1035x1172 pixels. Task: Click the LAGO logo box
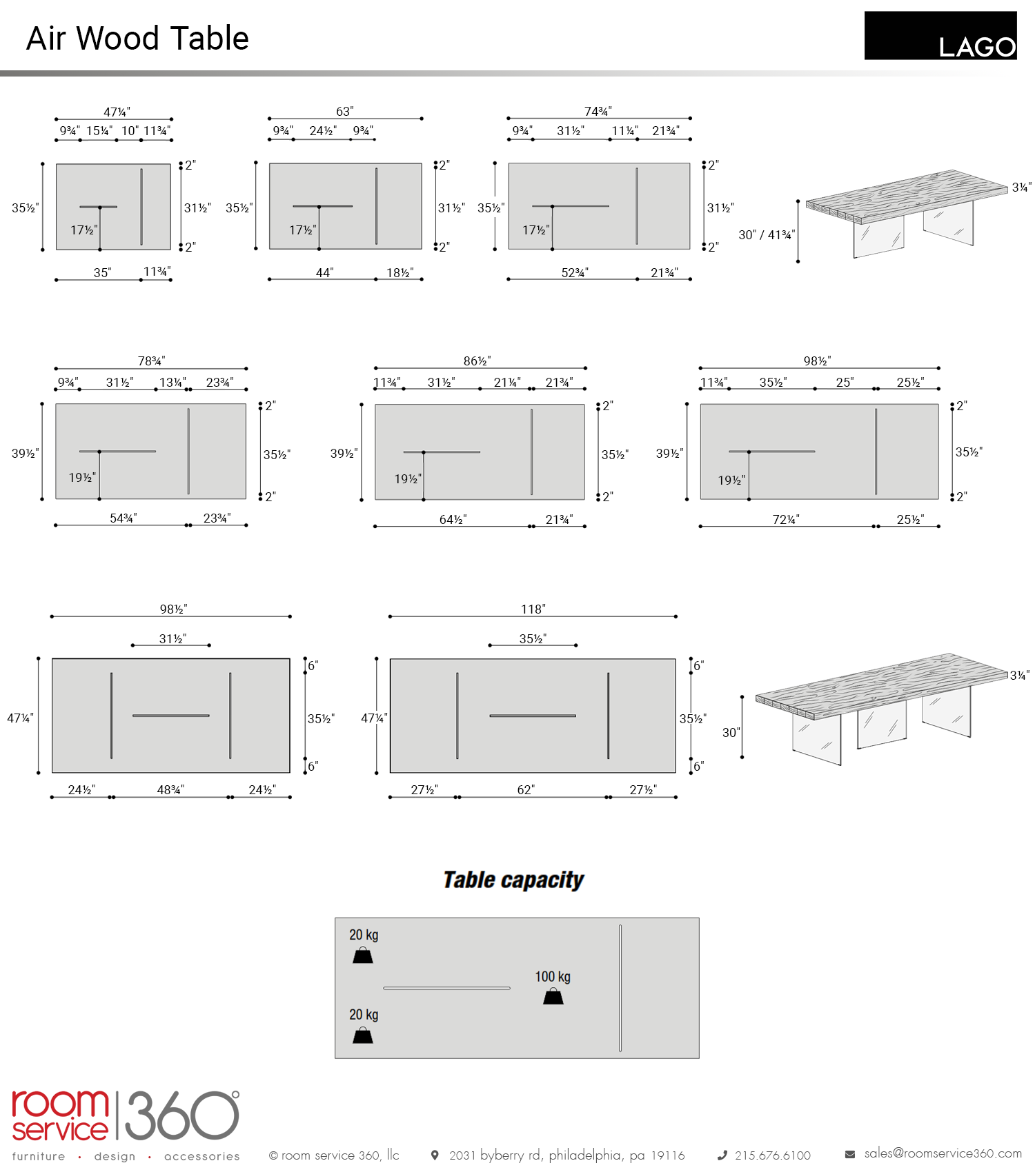940,35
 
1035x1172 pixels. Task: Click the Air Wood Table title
137,39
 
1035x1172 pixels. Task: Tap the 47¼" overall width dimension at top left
117,112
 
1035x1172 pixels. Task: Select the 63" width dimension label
345,111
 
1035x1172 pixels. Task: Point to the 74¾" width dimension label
598,111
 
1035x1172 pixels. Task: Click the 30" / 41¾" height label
767,235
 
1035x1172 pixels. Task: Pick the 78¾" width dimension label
151,361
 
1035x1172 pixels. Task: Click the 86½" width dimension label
477,361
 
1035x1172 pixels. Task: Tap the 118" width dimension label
533,609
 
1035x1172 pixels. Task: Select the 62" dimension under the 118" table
526,789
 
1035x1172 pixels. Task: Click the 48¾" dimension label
170,789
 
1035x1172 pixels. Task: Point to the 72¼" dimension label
786,519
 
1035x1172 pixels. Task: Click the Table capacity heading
513,880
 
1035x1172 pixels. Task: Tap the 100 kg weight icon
553,996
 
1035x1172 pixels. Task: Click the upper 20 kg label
364,935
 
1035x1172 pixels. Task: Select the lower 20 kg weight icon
363,1035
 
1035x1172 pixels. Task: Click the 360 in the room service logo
182,1115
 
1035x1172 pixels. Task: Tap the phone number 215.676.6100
773,1155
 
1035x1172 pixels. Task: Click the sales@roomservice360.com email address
943,1153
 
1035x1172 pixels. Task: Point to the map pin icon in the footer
435,1155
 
